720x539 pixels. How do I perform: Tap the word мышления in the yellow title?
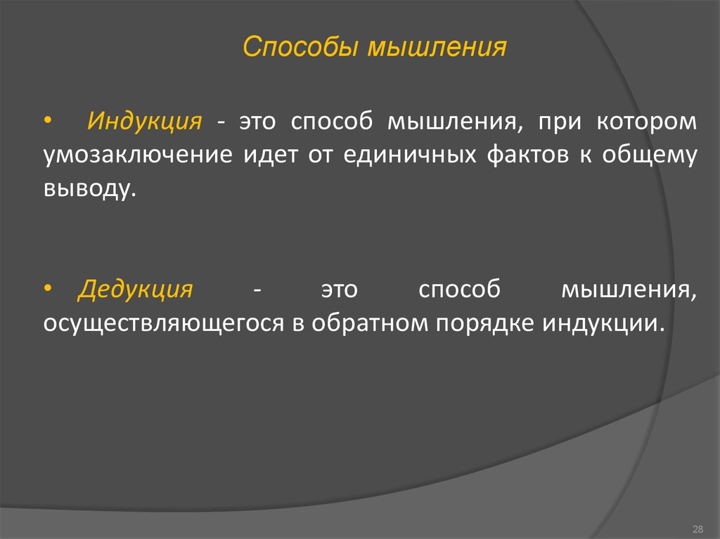(x=437, y=47)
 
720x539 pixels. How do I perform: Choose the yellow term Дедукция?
(x=136, y=290)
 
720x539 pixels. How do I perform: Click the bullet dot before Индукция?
(x=48, y=121)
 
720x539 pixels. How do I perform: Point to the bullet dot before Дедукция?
(x=48, y=288)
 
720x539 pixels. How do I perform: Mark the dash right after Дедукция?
(x=257, y=291)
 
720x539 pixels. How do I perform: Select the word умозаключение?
(x=138, y=155)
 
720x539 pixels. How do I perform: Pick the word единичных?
(x=410, y=155)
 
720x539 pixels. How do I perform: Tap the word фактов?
(x=527, y=155)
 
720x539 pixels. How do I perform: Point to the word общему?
(x=650, y=155)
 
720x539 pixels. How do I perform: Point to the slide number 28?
(x=697, y=529)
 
